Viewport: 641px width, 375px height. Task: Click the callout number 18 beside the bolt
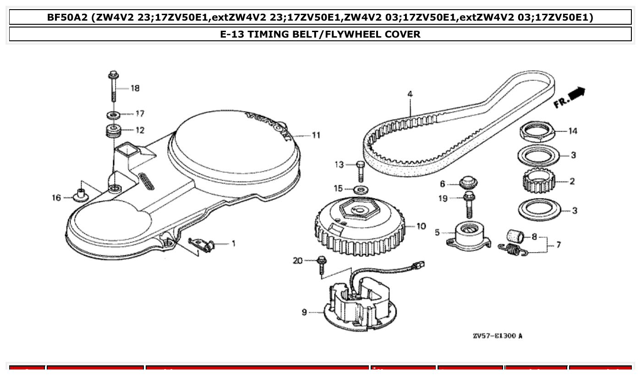[x=135, y=88]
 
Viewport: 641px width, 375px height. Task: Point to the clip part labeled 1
[x=203, y=244]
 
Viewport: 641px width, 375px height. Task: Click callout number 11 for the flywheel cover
[x=316, y=135]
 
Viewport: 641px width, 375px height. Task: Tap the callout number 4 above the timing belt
[x=410, y=94]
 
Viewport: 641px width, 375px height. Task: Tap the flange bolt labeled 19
[x=468, y=204]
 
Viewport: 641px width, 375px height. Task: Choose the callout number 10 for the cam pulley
[x=421, y=226]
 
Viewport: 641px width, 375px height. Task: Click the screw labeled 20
[x=322, y=265]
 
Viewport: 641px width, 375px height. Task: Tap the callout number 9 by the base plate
[x=305, y=312]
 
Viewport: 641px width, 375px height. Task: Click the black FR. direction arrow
[x=578, y=93]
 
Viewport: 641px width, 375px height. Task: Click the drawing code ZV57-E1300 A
[x=497, y=336]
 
